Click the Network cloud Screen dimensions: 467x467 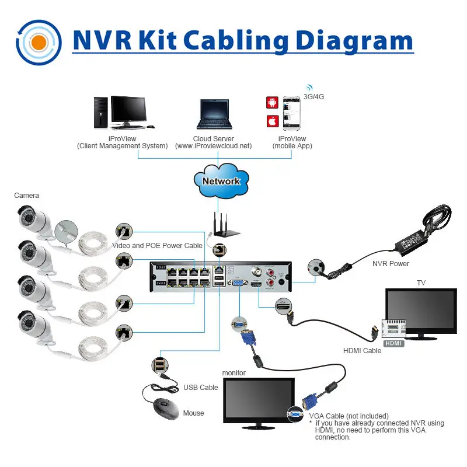[221, 181]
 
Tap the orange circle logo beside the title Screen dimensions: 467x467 [39, 43]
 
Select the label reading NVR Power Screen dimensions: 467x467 [391, 264]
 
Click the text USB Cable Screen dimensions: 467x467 [200, 387]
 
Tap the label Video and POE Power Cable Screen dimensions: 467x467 [158, 246]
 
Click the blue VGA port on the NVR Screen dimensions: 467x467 [239, 282]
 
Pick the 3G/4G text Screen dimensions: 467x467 [314, 96]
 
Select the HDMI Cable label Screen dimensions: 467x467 [362, 350]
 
